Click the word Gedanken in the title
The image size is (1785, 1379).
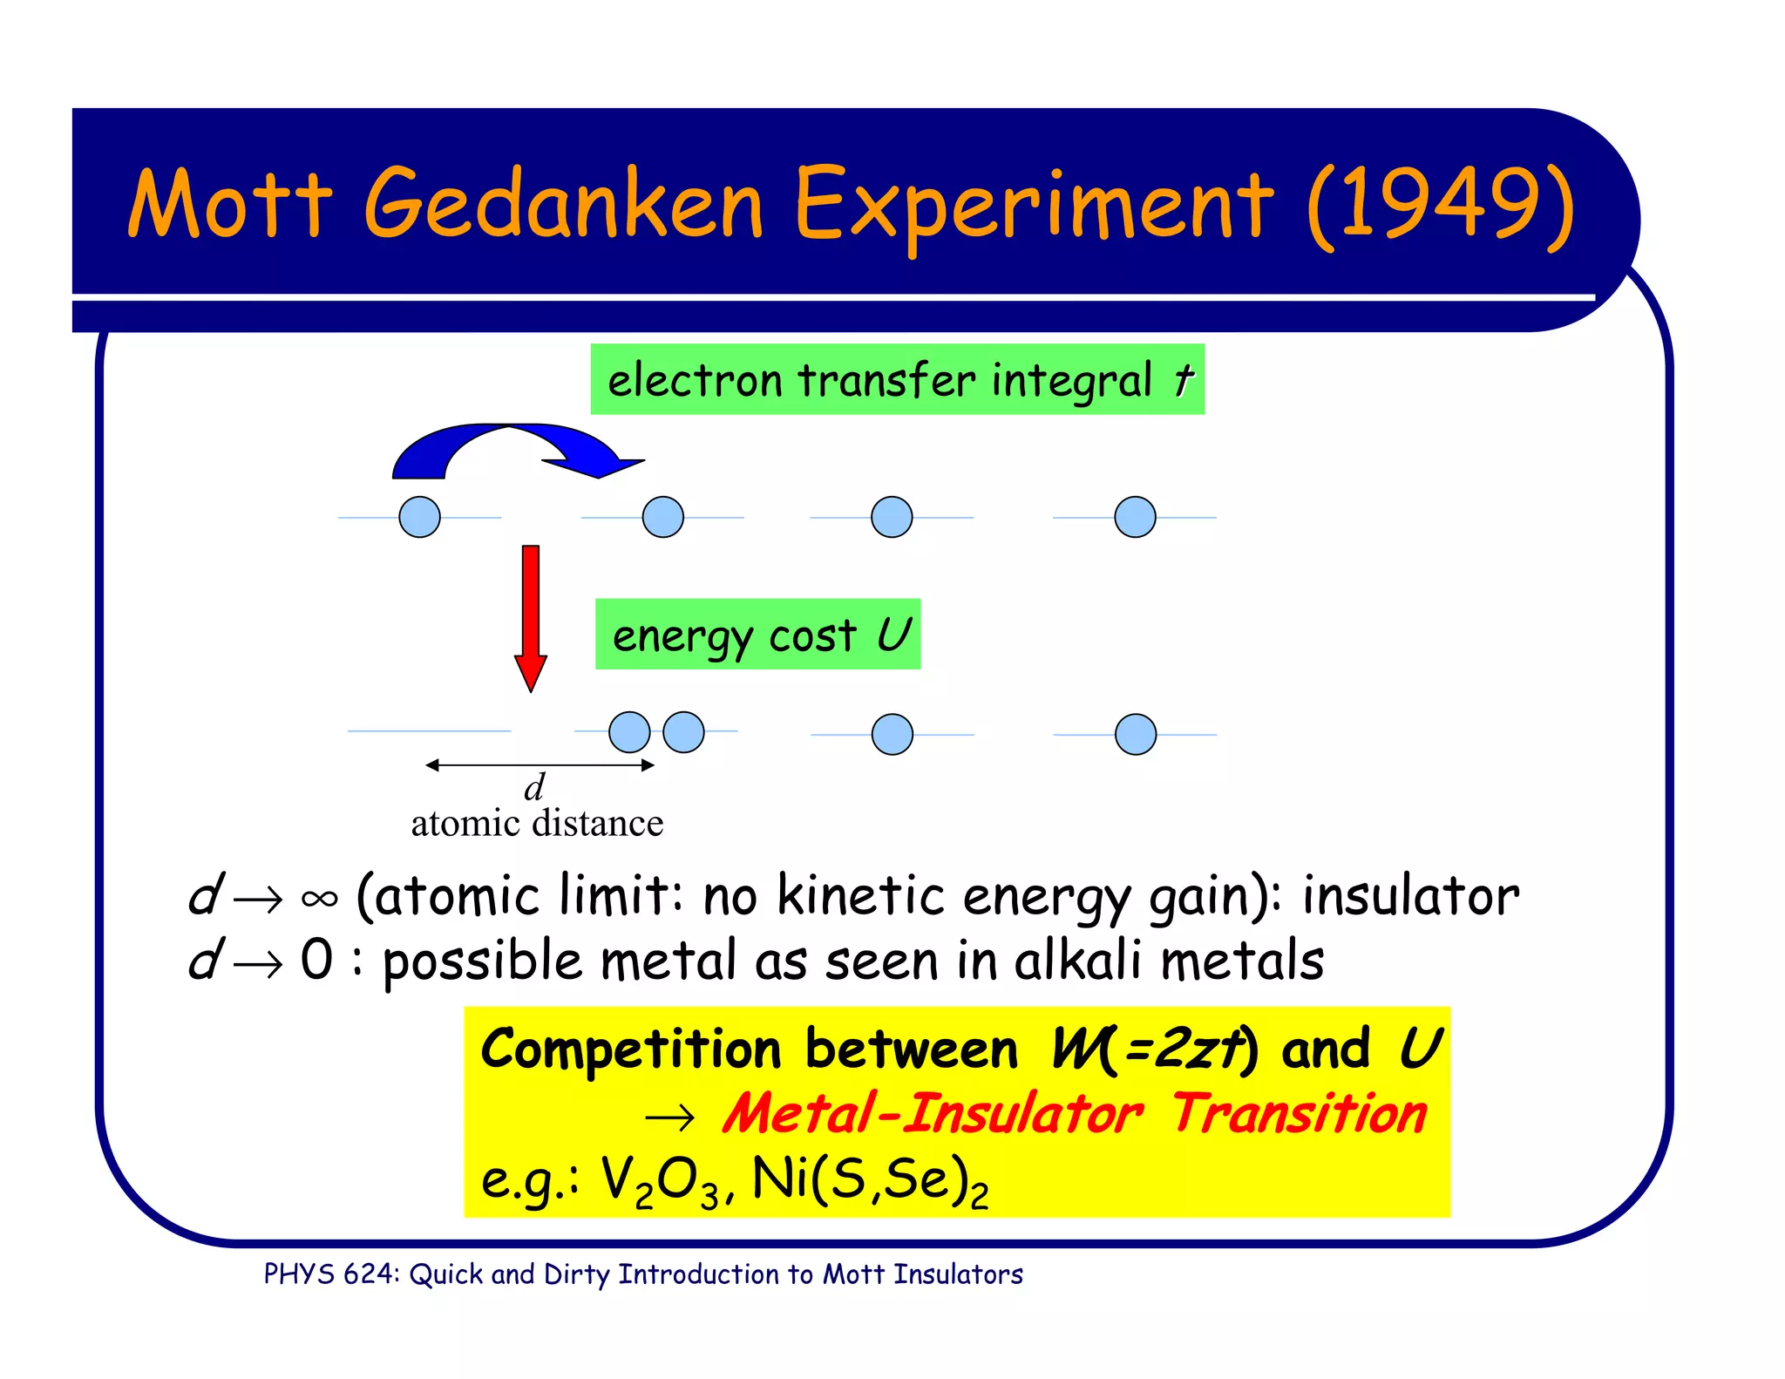pos(563,206)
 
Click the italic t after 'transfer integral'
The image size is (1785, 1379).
pos(1182,380)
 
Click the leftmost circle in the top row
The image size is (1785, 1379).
pos(419,517)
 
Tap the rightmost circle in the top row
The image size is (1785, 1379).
pos(1135,517)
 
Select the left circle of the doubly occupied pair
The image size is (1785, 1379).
pos(629,731)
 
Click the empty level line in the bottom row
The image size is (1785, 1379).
pos(429,730)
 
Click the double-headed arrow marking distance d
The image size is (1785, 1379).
pos(540,765)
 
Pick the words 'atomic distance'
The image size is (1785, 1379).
pos(537,823)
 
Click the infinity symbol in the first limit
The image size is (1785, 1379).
pos(319,899)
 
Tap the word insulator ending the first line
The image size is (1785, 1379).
pos(1410,896)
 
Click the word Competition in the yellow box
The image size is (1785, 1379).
pos(630,1049)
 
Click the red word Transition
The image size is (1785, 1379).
pos(1299,1114)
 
